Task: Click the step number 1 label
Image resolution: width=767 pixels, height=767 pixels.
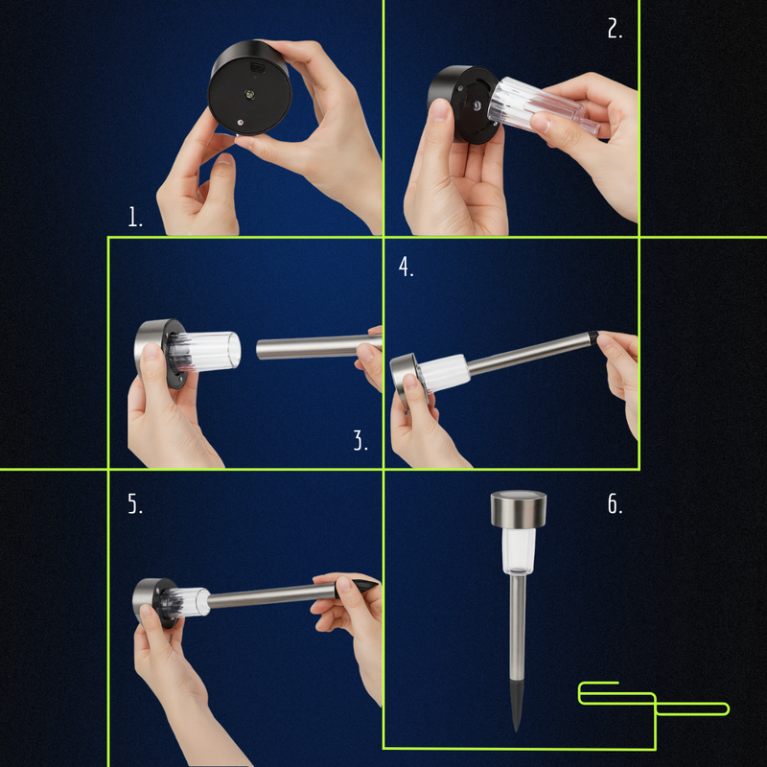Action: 135,217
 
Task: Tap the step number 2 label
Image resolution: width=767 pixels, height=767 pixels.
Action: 615,29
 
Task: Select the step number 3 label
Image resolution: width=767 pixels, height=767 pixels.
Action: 360,440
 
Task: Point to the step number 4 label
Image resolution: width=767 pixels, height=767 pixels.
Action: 406,267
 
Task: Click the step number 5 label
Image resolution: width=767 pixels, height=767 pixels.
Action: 135,503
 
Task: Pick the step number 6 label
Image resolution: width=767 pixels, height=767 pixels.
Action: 615,503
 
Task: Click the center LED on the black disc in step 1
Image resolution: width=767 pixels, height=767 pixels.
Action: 250,93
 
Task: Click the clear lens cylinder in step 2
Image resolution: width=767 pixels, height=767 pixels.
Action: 543,106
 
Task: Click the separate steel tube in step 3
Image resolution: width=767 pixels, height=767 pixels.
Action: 319,347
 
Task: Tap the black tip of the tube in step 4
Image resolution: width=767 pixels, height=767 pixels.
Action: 593,337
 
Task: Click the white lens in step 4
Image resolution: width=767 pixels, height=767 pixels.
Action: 443,373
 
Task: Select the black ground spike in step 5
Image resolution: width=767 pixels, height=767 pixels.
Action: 356,589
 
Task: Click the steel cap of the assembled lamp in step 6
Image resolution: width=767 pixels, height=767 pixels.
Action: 519,509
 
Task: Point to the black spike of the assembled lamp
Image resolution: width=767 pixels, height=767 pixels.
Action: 517,704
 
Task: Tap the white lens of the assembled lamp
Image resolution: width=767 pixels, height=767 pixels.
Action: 519,550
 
